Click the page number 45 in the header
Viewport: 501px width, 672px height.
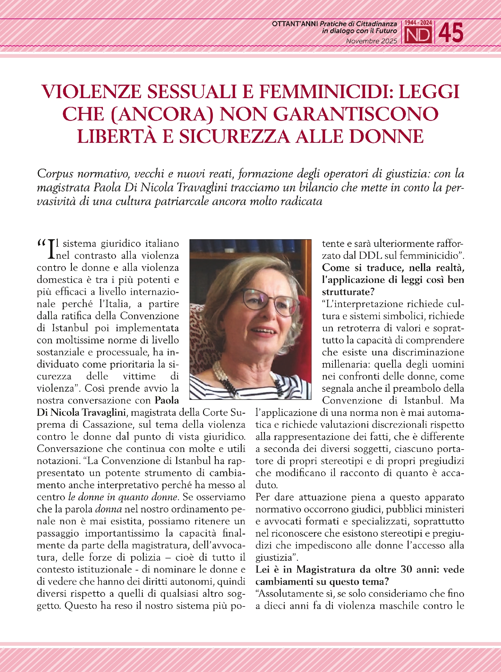coord(451,33)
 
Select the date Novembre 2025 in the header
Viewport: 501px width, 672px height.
coord(372,41)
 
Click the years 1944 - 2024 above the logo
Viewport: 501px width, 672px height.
coord(418,23)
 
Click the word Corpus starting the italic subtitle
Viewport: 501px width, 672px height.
coord(55,174)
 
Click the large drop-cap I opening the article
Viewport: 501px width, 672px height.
coord(51,249)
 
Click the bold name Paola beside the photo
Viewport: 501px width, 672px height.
coord(166,400)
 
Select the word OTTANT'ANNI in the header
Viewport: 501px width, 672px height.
coord(295,24)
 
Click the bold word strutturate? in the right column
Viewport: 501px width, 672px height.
coord(348,292)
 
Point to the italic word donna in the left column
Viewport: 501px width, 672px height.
coord(109,509)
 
